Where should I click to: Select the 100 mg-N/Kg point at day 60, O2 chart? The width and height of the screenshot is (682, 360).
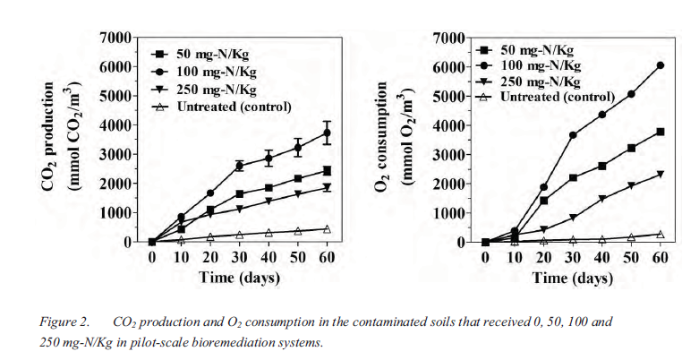[x=660, y=65]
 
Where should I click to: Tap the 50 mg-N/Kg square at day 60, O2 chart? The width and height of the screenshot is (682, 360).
[x=660, y=132]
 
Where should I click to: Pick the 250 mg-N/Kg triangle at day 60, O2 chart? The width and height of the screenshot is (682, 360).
[x=660, y=174]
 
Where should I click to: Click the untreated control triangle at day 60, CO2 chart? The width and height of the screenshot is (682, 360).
[x=327, y=229]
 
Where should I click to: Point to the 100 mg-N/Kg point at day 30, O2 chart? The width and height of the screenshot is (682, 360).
[x=573, y=135]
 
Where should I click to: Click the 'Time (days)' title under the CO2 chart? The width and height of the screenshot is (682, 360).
[x=239, y=277]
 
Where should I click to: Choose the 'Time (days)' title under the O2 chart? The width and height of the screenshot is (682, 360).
[x=573, y=277]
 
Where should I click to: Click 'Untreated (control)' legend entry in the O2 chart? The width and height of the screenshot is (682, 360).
[x=558, y=97]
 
